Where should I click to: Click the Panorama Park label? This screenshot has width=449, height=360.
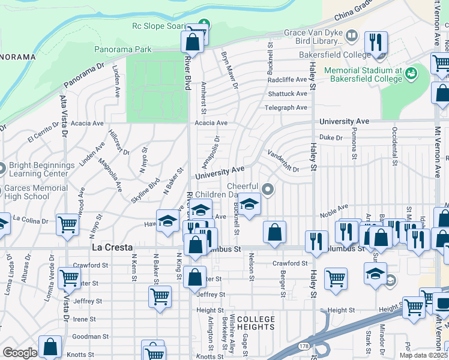[x=123, y=49]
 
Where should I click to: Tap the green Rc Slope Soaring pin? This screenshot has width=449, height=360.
[x=205, y=25]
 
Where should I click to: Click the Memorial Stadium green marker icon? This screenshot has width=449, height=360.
[x=411, y=74]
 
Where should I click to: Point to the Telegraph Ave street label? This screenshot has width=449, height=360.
[x=286, y=108]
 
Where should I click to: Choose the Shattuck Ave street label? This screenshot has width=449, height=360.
[x=288, y=94]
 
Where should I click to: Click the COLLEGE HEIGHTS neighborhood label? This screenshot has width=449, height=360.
[x=256, y=323]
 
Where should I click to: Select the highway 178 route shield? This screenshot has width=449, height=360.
[x=306, y=347]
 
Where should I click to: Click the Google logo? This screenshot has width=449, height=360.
[x=20, y=353]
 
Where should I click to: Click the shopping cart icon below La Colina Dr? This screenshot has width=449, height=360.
[x=68, y=224]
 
